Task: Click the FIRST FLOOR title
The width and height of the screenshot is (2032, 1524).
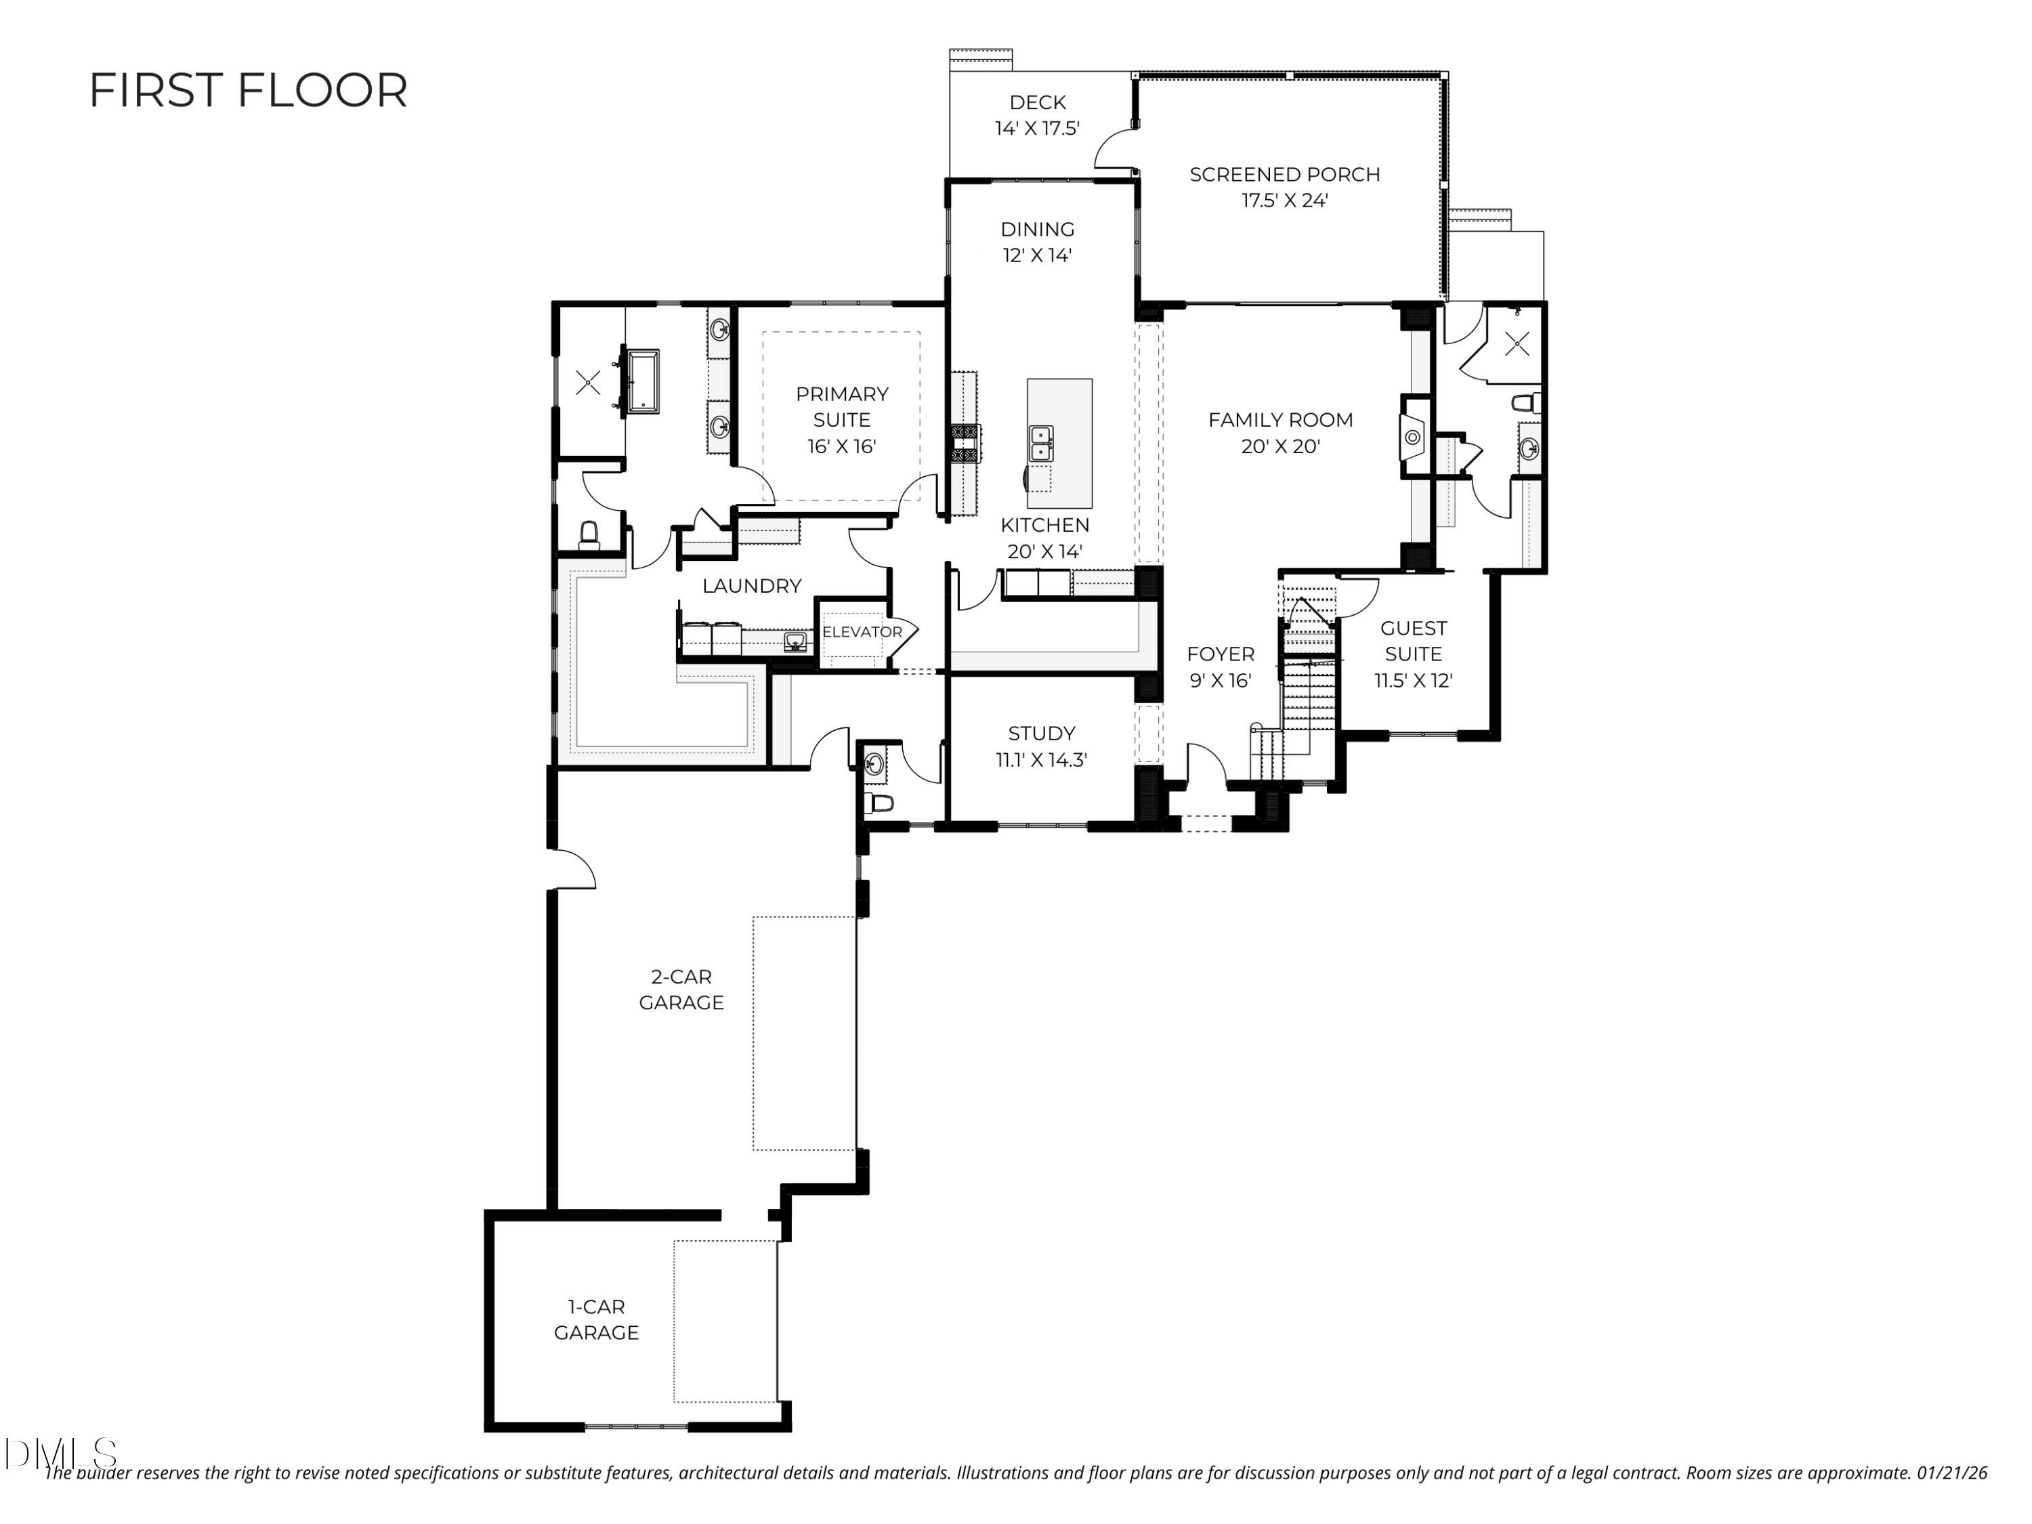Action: (248, 90)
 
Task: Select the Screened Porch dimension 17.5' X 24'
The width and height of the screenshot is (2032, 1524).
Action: (1284, 200)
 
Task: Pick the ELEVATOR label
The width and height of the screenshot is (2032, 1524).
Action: (862, 632)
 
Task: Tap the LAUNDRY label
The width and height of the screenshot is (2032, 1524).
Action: (751, 585)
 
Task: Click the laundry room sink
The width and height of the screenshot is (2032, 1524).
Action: (796, 641)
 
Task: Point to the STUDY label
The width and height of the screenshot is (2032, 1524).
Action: (1041, 733)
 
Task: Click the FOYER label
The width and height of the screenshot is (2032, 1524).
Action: (1220, 654)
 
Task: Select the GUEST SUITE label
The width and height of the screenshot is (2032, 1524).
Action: (1413, 641)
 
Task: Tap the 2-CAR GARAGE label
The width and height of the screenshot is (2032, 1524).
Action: (681, 990)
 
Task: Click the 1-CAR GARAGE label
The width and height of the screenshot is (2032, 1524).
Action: (595, 1319)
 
